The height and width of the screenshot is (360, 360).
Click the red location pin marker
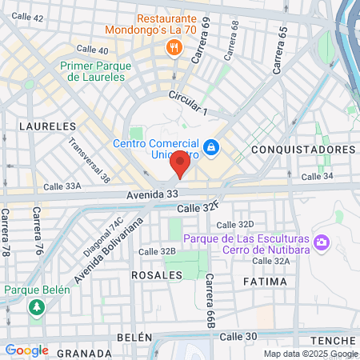181,166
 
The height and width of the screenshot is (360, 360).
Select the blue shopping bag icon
211,147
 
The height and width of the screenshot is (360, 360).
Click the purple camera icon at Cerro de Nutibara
322,241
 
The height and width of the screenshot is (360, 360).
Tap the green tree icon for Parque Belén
35,306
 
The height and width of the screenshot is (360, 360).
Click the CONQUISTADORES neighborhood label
302,150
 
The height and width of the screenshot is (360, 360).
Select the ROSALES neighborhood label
156,274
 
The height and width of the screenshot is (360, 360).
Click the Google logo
26,350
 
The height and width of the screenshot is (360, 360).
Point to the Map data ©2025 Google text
310,354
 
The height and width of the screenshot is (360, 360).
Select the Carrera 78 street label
6,232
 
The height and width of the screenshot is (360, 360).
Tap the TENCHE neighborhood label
336,340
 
